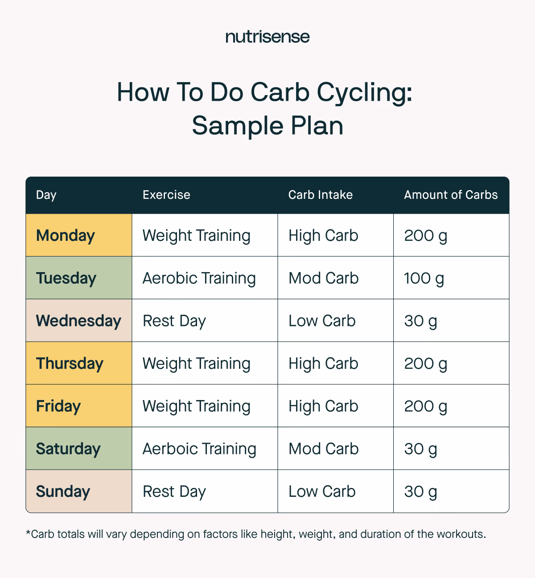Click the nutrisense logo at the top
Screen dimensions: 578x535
(267, 36)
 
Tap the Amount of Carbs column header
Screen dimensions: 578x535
(451, 195)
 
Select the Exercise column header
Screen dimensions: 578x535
(166, 195)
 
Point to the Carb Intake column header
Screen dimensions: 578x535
(320, 195)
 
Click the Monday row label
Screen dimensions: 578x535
(66, 235)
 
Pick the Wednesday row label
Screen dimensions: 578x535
(78, 321)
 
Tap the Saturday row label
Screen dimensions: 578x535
(68, 449)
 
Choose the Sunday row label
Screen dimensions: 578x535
(63, 491)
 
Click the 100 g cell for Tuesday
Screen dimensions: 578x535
(424, 278)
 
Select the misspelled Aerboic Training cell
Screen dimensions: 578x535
(199, 449)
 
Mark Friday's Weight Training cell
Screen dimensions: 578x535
(196, 406)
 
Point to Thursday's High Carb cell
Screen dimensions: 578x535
(323, 363)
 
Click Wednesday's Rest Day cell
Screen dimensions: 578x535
(174, 321)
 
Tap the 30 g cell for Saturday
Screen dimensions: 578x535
(420, 449)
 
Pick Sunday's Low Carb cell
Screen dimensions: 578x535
(322, 491)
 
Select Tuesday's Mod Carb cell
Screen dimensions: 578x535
(323, 278)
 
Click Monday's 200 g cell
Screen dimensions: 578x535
(425, 235)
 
